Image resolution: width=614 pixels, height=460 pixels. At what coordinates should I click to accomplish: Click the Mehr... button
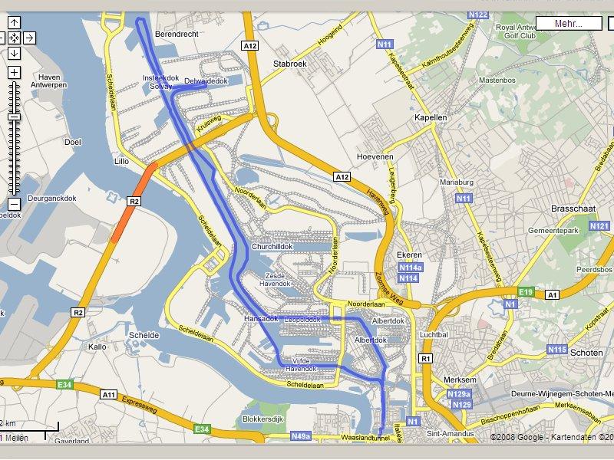point(569,23)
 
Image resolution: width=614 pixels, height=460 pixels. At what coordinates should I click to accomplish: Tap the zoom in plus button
point(14,72)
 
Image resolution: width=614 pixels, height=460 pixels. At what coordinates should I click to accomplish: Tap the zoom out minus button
point(14,204)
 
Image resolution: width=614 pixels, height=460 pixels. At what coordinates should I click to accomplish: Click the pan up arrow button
point(14,22)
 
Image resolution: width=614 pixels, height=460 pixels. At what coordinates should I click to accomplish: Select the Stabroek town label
point(289,64)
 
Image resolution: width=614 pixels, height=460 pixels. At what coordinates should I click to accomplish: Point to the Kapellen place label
point(430,118)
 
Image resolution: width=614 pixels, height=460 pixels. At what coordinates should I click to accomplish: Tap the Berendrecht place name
point(177,35)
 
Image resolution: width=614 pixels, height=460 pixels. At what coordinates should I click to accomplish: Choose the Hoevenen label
point(375,156)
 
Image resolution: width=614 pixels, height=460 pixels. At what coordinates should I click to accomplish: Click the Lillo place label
point(121,162)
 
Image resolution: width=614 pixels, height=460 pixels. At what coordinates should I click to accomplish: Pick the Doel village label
point(73,142)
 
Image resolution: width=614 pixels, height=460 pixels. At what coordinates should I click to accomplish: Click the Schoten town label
point(586,352)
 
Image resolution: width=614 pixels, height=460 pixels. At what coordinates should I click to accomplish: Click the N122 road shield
point(477,15)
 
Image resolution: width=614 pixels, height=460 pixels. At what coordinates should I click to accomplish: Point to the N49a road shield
point(302,436)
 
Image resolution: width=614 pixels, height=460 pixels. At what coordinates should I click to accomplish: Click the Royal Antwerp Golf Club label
point(524,31)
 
